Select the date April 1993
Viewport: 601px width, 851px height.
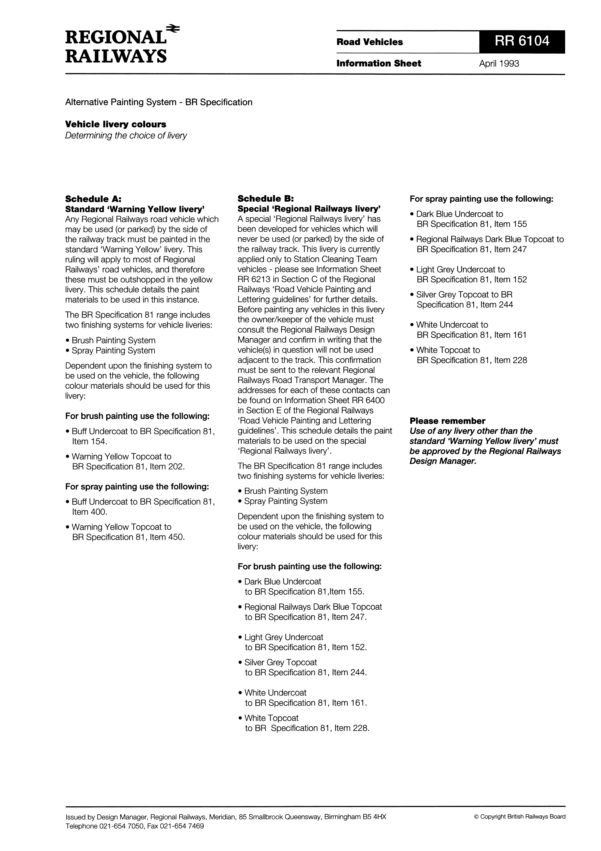(x=499, y=64)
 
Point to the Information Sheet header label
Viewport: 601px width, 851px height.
(x=379, y=64)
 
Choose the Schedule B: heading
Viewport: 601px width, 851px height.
(x=266, y=199)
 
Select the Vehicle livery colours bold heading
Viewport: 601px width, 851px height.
(x=116, y=124)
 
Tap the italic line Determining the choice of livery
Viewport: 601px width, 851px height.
(x=126, y=136)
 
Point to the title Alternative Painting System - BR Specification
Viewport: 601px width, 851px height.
(x=158, y=102)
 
